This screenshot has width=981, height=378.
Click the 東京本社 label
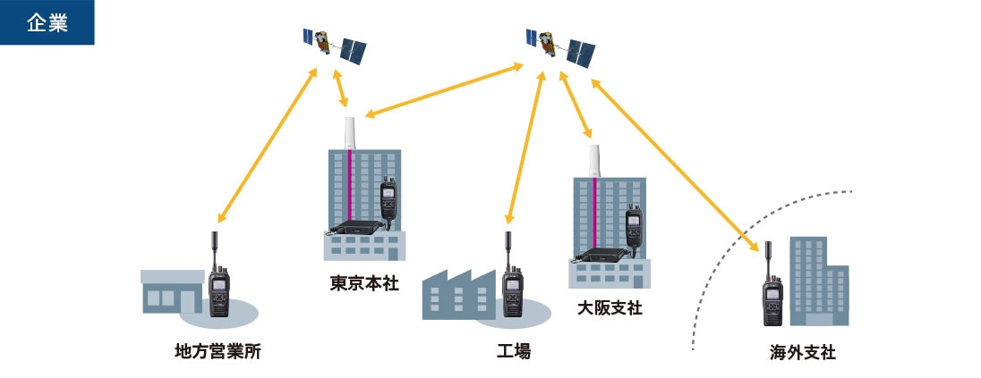(364, 284)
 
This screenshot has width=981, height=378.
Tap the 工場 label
(514, 351)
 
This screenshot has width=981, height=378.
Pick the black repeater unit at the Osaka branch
(602, 254)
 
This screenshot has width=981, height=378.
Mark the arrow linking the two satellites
(444, 89)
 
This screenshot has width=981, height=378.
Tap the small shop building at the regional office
(170, 290)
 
